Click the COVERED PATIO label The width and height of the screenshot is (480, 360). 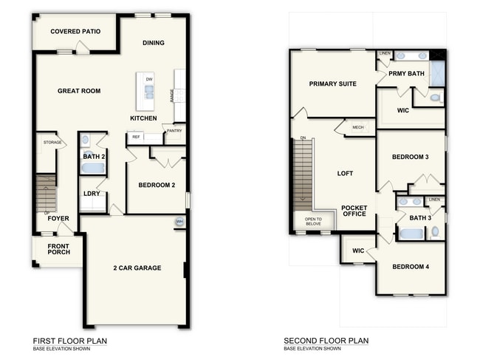(x=75, y=32)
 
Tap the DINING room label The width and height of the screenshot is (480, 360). (x=153, y=43)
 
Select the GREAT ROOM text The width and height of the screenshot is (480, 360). (x=79, y=91)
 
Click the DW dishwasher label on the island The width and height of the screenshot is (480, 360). (x=149, y=79)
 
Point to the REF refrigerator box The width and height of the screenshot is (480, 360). (x=136, y=137)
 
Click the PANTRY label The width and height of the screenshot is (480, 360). (x=174, y=131)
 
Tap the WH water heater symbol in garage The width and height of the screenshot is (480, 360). (x=179, y=222)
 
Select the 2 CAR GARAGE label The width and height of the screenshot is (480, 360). (x=137, y=268)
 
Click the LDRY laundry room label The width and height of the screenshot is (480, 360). (x=92, y=194)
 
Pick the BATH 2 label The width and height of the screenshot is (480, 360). (x=93, y=157)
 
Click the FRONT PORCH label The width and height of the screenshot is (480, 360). (x=59, y=249)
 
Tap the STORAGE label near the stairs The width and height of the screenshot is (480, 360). (x=52, y=142)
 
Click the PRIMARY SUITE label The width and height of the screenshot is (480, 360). (x=332, y=84)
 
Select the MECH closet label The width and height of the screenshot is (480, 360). (x=358, y=127)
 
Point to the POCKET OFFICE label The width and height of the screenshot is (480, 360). (x=354, y=211)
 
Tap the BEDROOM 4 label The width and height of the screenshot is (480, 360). (x=409, y=267)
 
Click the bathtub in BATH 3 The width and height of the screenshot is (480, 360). (x=411, y=234)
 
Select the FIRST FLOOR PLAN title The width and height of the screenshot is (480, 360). (x=70, y=341)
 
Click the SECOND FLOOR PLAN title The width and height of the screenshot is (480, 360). (x=326, y=341)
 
